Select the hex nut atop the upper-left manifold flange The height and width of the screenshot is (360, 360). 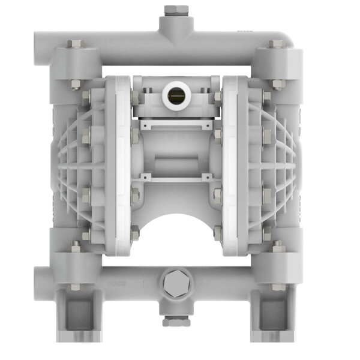[x=74, y=44]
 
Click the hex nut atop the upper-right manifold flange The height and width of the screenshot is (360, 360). [x=277, y=44]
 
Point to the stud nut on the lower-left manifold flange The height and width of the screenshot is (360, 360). [x=76, y=246]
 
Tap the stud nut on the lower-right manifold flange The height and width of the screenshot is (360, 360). [x=277, y=246]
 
